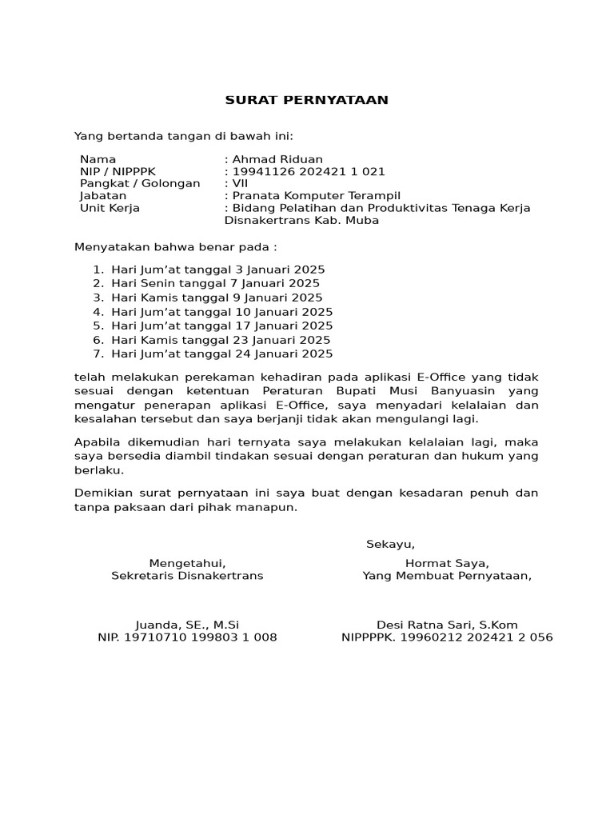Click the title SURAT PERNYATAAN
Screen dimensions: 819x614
[x=306, y=100]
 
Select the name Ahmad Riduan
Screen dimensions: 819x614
[x=277, y=159]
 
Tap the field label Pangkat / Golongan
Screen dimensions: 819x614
[x=140, y=183]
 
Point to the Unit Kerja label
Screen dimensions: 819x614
[x=110, y=208]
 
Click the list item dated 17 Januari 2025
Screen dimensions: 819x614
[x=222, y=326]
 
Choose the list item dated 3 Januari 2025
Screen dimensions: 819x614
[x=218, y=270]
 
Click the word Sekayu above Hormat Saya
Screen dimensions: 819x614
[x=390, y=545]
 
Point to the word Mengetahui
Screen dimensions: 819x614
[x=187, y=562]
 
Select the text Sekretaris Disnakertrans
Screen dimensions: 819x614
[x=187, y=575]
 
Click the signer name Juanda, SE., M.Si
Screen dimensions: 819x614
[x=187, y=625]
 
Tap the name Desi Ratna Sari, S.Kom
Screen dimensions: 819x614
[x=447, y=625]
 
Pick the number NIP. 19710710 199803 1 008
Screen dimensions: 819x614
[x=187, y=637]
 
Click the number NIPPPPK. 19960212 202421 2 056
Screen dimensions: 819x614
[x=447, y=637]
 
